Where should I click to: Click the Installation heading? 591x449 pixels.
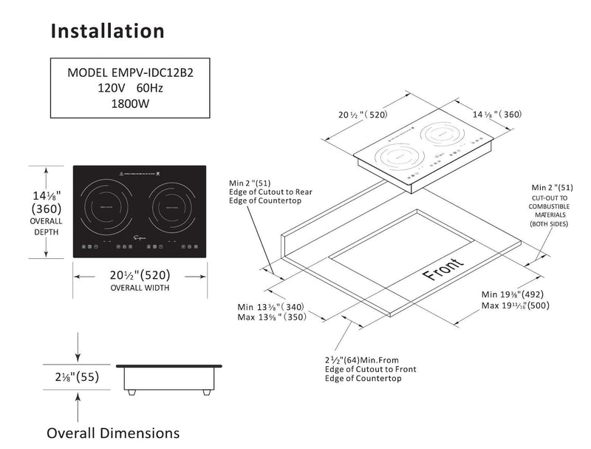[x=107, y=31]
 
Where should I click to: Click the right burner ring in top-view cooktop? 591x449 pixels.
[x=171, y=209]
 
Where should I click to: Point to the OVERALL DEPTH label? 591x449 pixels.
[x=46, y=226]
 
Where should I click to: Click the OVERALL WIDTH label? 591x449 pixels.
[x=140, y=288]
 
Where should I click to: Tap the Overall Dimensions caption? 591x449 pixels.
[x=113, y=432]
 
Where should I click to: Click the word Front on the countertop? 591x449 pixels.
[x=444, y=270]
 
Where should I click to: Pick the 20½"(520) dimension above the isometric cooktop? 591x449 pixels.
[x=363, y=115]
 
